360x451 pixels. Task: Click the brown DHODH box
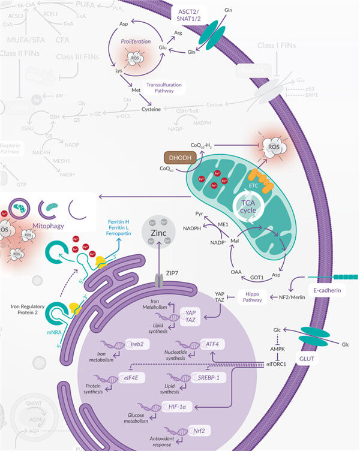[181, 157]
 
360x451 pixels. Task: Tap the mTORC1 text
[276, 363]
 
